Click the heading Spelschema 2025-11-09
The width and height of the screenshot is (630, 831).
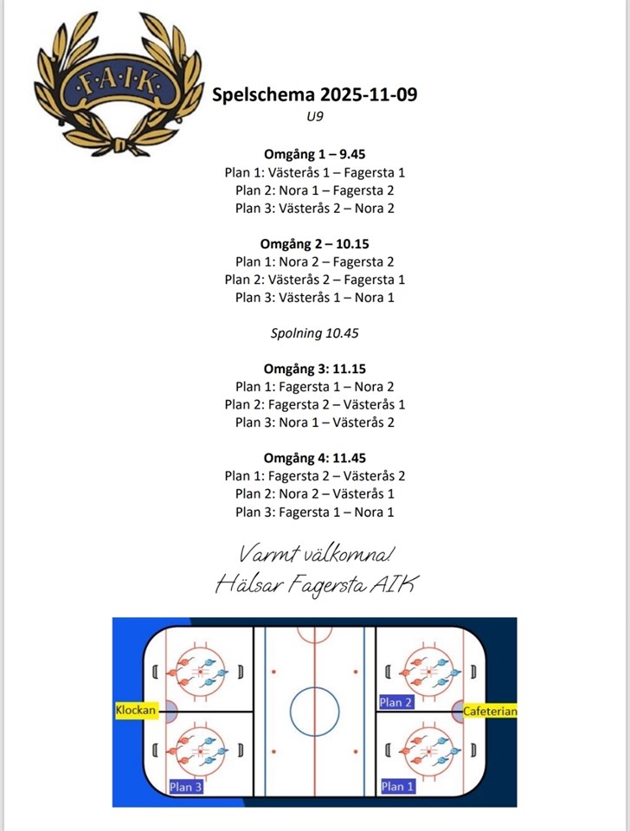click(314, 94)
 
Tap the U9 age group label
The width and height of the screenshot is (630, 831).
click(314, 117)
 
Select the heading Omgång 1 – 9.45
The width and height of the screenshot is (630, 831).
click(314, 154)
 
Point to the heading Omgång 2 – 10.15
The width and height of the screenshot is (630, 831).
click(314, 243)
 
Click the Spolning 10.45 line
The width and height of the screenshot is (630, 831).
click(314, 332)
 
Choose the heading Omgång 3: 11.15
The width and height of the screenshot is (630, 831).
click(314, 369)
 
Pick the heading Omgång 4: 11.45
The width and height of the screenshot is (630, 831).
click(314, 458)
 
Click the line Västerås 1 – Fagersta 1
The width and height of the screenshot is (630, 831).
click(314, 172)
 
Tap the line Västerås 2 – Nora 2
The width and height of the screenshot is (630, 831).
click(314, 208)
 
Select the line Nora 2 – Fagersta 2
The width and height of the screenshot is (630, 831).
click(314, 261)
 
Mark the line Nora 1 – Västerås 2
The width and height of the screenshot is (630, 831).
click(314, 422)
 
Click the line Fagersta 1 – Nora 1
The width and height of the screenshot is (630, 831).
click(314, 512)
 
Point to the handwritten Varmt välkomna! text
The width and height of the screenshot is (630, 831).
click(314, 551)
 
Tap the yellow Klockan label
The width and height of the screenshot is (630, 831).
click(136, 711)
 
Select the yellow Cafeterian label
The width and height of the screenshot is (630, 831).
click(490, 712)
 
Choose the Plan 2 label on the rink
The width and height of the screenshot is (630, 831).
click(396, 702)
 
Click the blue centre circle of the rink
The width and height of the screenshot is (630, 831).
click(314, 712)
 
